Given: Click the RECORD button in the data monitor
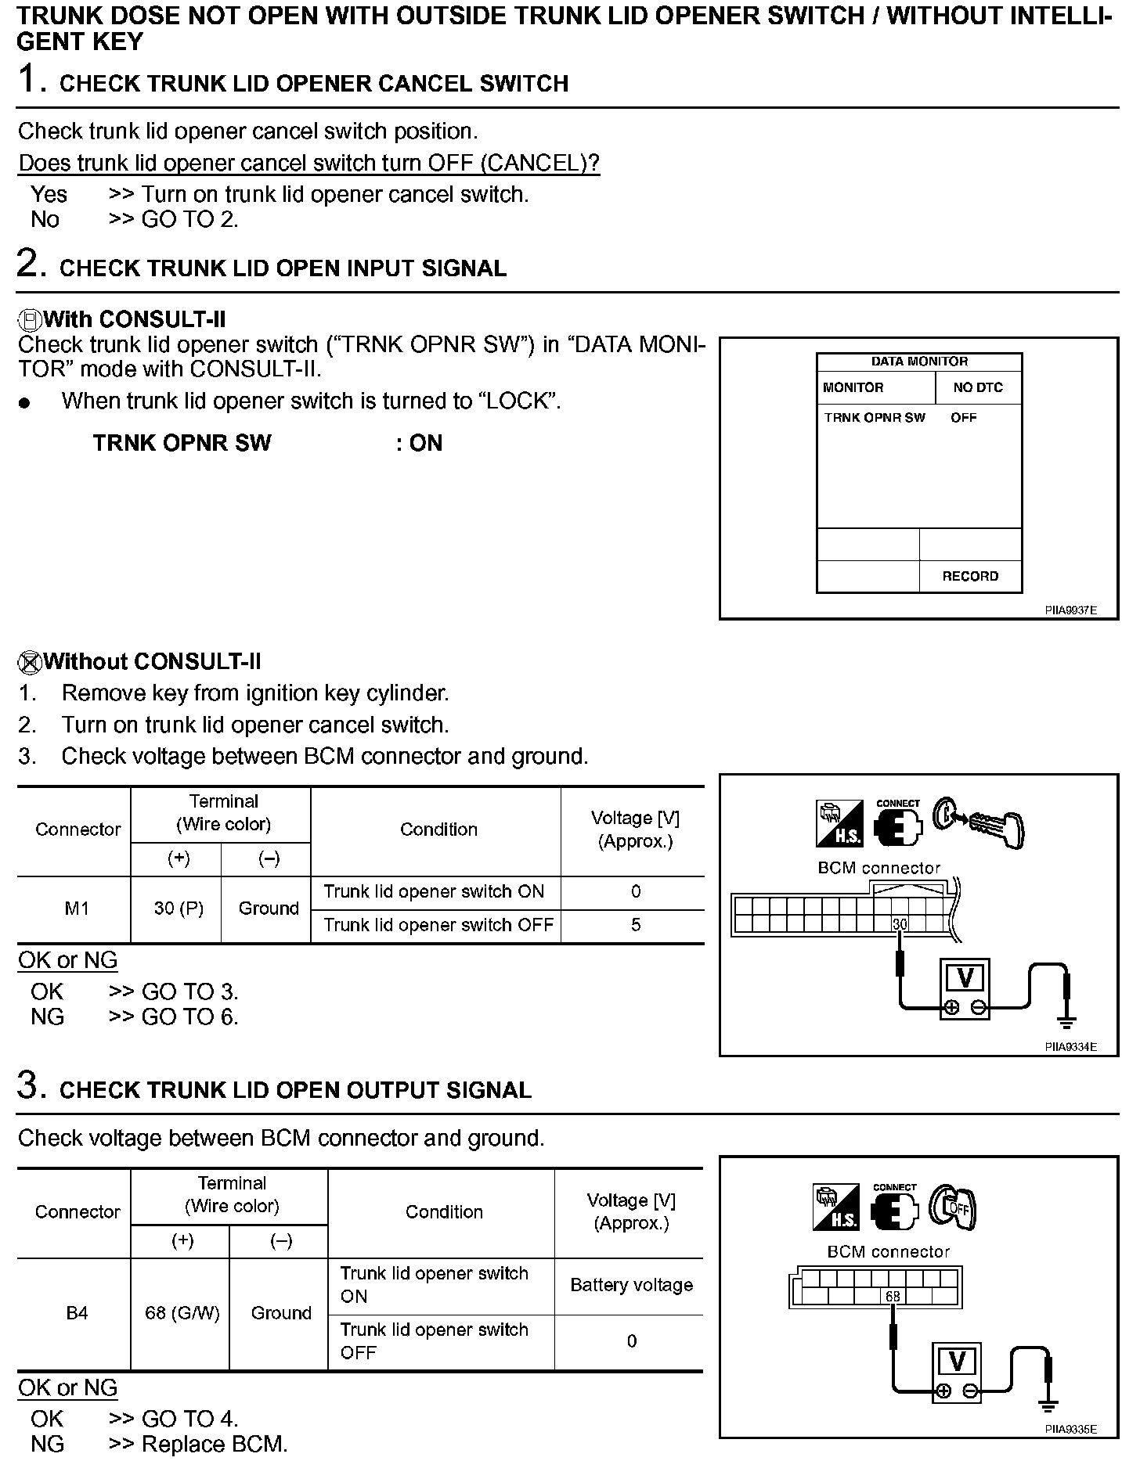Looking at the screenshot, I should (x=970, y=576).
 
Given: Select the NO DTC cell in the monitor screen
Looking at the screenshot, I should (x=978, y=387).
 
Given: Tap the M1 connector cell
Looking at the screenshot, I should (x=77, y=909).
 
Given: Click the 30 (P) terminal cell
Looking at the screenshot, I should (x=179, y=909).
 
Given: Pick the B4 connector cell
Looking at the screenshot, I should (x=77, y=1312).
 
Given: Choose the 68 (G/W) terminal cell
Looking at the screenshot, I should (x=182, y=1312).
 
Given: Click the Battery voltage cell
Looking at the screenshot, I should (x=631, y=1285).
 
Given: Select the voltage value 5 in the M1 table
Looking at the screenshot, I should (x=635, y=925).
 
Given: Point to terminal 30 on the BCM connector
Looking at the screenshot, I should (x=900, y=924).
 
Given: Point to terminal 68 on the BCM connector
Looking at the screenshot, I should (x=893, y=1297).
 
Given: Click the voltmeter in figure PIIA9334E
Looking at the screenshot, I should (x=965, y=990).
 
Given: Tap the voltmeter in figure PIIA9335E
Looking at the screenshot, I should (x=957, y=1373).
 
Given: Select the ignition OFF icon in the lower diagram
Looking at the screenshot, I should (x=952, y=1207).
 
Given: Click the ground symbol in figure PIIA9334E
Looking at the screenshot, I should (x=1066, y=1020).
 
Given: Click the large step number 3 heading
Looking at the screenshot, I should (x=28, y=1086).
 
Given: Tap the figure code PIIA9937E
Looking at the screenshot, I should (x=1070, y=610).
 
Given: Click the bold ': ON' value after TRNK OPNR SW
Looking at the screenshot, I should (x=419, y=443).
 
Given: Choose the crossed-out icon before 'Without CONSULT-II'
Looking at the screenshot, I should (x=29, y=662).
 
